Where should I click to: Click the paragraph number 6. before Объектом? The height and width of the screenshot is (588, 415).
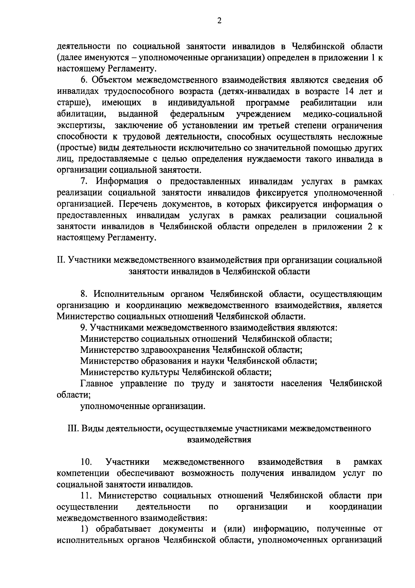(84, 80)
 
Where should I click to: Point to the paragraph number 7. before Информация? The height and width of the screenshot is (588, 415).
(84, 181)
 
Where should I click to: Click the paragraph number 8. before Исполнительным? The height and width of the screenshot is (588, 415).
(84, 294)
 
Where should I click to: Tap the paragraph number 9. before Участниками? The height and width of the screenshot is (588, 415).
(84, 327)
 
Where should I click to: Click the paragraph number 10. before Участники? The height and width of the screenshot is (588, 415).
(86, 462)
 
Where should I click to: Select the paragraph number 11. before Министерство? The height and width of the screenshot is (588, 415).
(85, 496)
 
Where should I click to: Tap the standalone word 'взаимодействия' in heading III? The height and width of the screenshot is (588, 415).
(219, 440)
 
